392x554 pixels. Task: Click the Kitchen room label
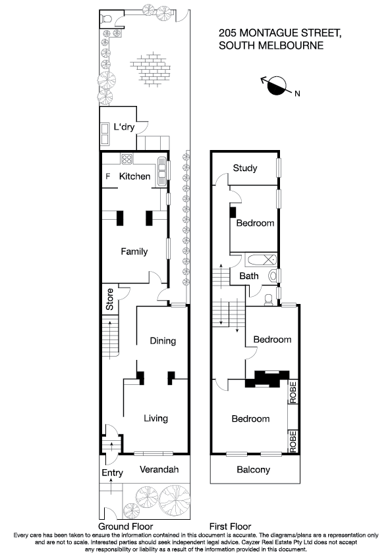(x=134, y=176)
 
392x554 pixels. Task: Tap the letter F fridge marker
(x=108, y=176)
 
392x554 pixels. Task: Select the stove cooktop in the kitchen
(x=126, y=159)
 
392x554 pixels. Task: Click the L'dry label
(x=124, y=127)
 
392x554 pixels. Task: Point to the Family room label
(x=134, y=251)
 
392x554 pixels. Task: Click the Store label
(x=110, y=299)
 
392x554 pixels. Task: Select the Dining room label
(x=163, y=341)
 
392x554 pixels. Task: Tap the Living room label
(x=156, y=418)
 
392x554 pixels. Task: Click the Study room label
(x=244, y=168)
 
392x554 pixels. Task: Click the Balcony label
(x=254, y=470)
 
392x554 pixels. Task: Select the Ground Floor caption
(x=125, y=526)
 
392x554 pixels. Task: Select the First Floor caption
(x=231, y=526)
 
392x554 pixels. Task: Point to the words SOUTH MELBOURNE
(x=271, y=45)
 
